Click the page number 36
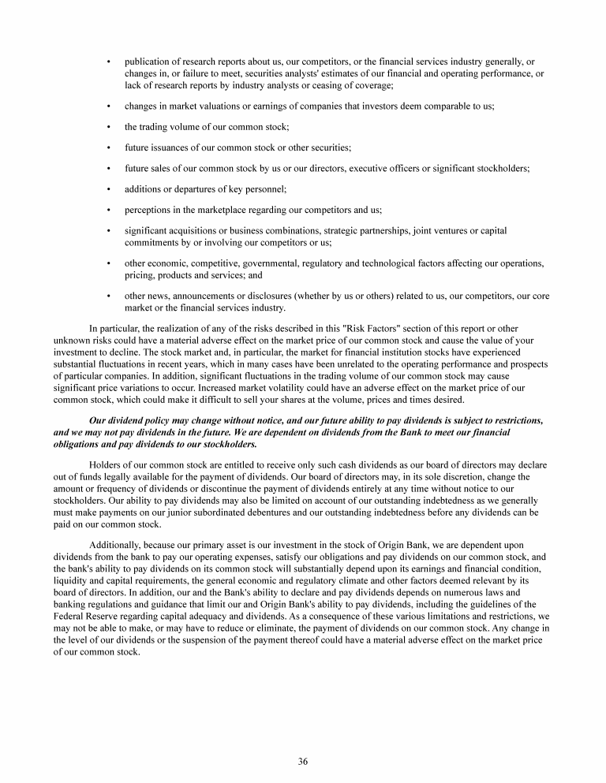point(303,761)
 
